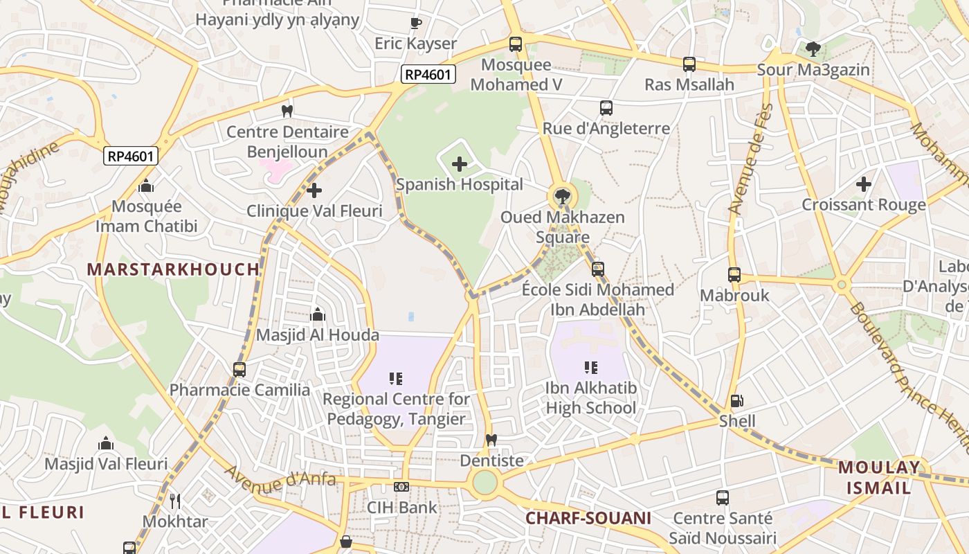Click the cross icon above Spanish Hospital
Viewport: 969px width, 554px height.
coord(459,164)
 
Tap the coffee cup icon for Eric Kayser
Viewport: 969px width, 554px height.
coord(415,24)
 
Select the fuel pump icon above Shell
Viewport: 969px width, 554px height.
coord(737,401)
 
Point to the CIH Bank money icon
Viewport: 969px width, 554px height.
coord(401,487)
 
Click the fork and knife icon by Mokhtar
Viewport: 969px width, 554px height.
coord(175,501)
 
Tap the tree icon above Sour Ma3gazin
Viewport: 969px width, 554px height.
coord(813,49)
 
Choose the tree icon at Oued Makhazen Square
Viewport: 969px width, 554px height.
coord(562,197)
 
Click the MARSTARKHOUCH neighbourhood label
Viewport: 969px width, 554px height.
coord(174,269)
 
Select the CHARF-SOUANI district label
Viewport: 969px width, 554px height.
coord(588,518)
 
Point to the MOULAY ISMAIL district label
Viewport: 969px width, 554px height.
coord(879,477)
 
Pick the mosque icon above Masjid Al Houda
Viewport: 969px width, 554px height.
coord(318,315)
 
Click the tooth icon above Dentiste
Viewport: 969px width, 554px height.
coord(491,440)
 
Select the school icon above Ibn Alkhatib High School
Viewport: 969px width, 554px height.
coord(590,368)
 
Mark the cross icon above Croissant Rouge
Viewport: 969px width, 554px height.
coord(863,184)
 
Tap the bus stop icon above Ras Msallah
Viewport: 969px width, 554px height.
coord(689,64)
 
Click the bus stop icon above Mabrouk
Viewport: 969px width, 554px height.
coord(734,275)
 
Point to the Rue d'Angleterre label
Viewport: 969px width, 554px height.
coord(606,128)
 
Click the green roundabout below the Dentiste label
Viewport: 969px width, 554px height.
coord(484,482)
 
